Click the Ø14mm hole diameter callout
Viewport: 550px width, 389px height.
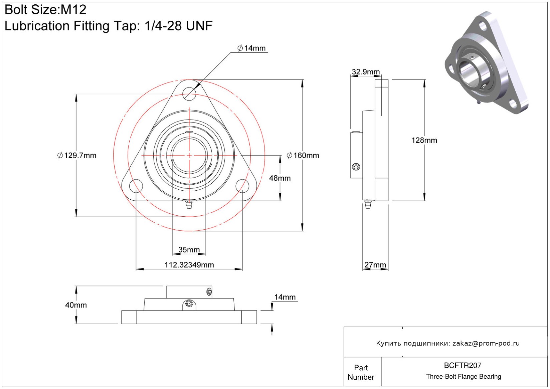coord(251,48)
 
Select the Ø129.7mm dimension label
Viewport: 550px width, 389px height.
coord(77,156)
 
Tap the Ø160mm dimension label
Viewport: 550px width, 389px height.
coord(303,156)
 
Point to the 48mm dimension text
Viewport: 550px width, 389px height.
coord(280,178)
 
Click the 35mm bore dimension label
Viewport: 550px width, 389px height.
coord(189,250)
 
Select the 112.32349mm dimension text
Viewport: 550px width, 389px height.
coord(189,265)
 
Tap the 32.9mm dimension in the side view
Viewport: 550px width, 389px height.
coord(366,72)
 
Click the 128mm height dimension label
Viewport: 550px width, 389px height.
coord(424,141)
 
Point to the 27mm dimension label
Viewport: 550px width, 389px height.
coord(375,265)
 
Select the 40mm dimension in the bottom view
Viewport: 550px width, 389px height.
coord(76,305)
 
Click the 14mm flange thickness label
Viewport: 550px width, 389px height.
coord(285,297)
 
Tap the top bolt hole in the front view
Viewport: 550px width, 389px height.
coord(189,93)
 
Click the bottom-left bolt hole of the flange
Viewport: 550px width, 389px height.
coord(136,186)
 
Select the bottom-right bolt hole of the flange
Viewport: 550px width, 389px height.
coord(242,186)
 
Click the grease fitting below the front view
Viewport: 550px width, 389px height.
coord(189,204)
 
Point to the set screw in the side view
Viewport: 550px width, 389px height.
coord(356,167)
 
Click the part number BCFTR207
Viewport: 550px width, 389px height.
coord(463,366)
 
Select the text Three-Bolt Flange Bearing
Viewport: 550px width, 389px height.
coord(464,377)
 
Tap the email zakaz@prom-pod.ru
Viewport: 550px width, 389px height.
coord(486,343)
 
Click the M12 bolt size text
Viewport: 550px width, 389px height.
coord(73,10)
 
